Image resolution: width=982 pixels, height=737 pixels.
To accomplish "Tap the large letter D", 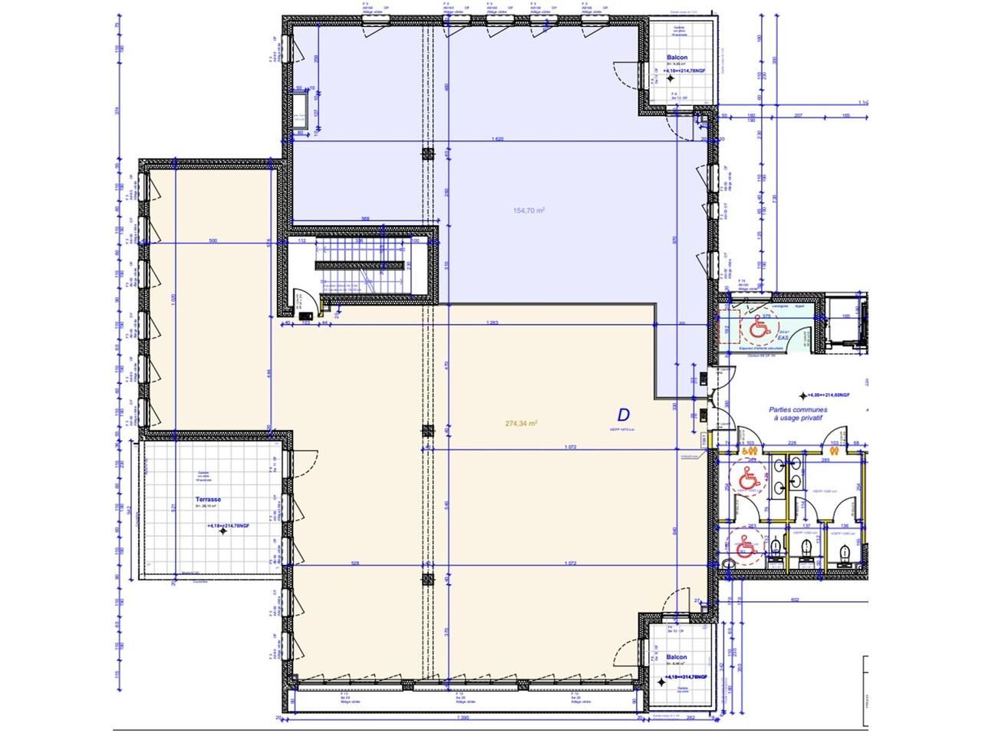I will coord(623,415).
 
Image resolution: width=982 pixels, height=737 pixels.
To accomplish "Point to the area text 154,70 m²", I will coord(529,210).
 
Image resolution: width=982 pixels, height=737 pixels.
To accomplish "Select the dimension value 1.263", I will coord(493,322).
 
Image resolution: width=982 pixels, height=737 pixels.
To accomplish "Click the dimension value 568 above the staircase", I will coord(366,219).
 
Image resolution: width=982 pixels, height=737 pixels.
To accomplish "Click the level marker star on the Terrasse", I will coord(222,531).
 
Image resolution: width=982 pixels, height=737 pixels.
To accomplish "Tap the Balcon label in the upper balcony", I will coord(677,58).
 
